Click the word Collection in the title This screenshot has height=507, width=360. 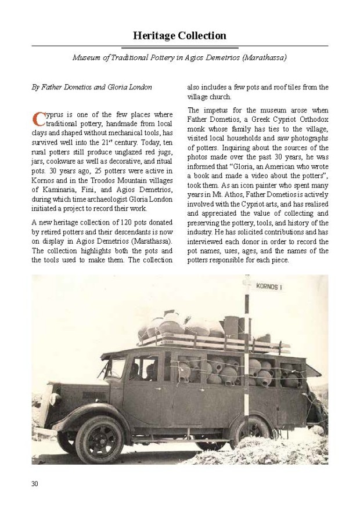[x=202, y=36]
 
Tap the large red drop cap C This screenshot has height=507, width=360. [x=38, y=118]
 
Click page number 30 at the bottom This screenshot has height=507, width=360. [x=35, y=484]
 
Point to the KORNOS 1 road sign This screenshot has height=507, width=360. [x=269, y=286]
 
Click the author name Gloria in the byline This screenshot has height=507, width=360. [x=118, y=88]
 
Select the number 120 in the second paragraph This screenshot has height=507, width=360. [x=120, y=222]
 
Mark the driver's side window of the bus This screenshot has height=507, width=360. [x=141, y=369]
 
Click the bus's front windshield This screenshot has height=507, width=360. [x=116, y=367]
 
